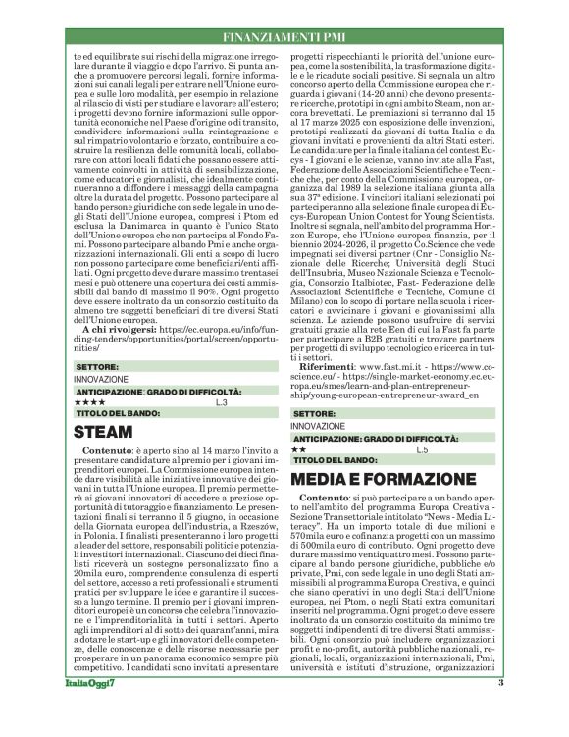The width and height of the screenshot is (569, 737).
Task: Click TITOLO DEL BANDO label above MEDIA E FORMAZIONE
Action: [334, 459]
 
